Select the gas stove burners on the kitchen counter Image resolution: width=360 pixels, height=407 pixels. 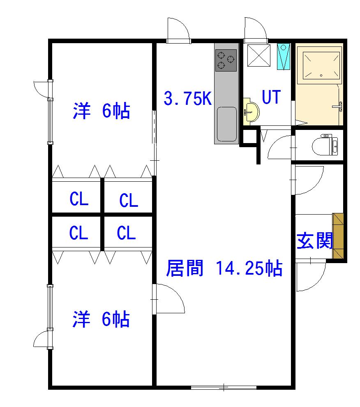pyautogui.click(x=226, y=60)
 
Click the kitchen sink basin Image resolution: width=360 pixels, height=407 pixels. pyautogui.click(x=227, y=124)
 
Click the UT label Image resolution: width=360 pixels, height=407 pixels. pyautogui.click(x=271, y=97)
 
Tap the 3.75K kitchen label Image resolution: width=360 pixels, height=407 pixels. pyautogui.click(x=188, y=98)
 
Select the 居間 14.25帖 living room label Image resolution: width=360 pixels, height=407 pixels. pyautogui.click(x=224, y=268)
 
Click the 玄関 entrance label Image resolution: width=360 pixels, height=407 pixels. pyautogui.click(x=314, y=241)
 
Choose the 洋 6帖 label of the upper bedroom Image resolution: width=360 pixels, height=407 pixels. pyautogui.click(x=101, y=111)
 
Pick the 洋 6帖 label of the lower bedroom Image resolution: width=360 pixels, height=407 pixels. pyautogui.click(x=101, y=319)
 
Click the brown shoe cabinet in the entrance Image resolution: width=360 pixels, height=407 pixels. pyautogui.click(x=338, y=236)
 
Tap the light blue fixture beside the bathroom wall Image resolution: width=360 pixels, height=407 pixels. pyautogui.click(x=283, y=57)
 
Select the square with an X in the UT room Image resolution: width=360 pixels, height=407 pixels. pyautogui.click(x=258, y=55)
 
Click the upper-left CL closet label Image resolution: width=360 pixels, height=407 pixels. pyautogui.click(x=79, y=199)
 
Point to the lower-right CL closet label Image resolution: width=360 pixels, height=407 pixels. pyautogui.click(x=126, y=232)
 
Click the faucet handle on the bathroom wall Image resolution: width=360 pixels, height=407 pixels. pyautogui.click(x=338, y=106)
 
